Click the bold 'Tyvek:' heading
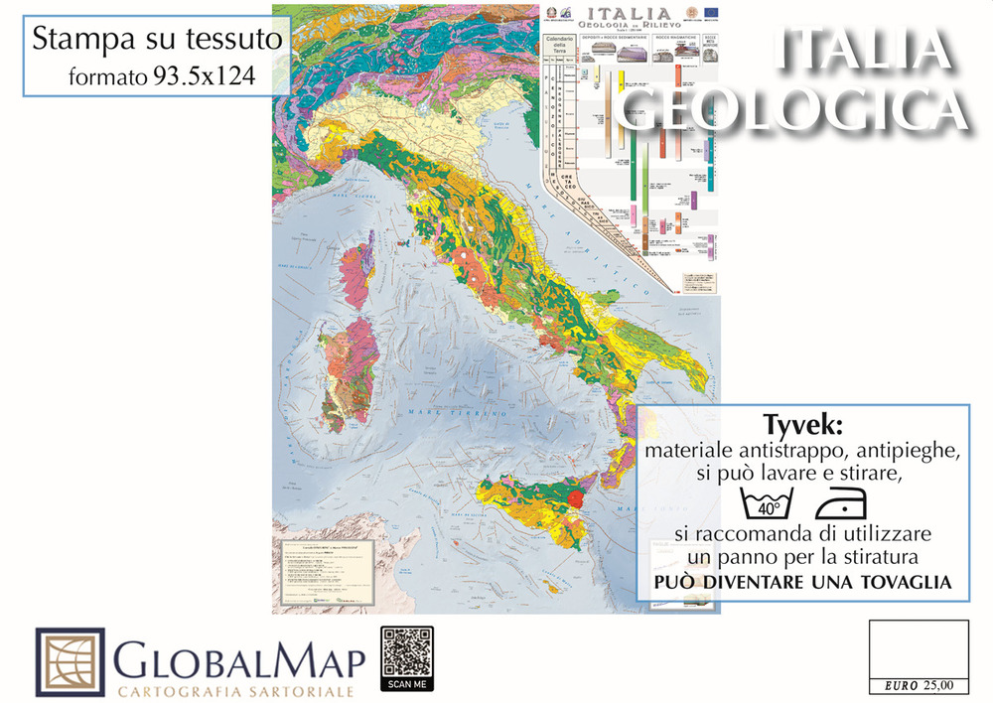[x=802, y=425]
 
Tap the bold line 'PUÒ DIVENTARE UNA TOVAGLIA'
[x=802, y=582]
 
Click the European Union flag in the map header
[x=711, y=10]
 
